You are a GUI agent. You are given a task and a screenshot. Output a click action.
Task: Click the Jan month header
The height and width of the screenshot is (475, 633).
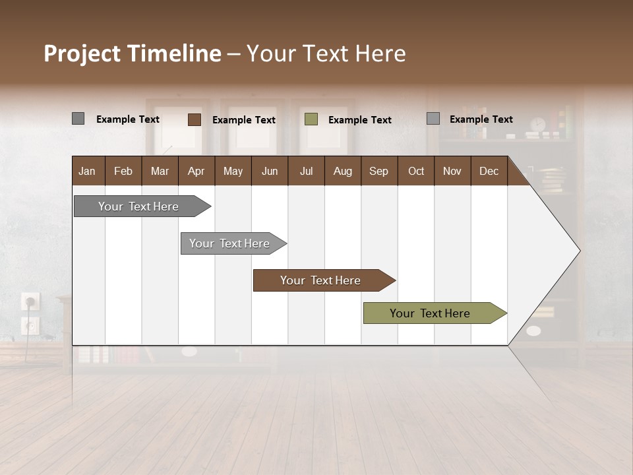point(87,171)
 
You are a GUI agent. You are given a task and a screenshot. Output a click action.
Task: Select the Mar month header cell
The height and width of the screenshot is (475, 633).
point(160,171)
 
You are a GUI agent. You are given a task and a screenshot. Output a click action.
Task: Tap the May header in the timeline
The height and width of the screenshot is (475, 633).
point(233,171)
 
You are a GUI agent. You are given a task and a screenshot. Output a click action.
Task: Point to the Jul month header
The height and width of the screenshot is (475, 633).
point(306,171)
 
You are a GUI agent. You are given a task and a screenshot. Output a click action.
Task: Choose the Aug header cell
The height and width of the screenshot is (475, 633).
point(342,171)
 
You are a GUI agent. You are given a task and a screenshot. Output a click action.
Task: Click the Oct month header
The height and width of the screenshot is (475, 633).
point(416,171)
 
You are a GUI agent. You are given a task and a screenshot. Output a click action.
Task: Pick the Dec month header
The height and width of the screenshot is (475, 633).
point(489,171)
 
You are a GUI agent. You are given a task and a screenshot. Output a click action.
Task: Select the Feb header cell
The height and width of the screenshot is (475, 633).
point(123,171)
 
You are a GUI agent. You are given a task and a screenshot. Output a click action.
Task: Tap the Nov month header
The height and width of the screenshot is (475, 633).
point(452,171)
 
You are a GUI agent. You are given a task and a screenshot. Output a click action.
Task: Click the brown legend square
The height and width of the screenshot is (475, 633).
point(195,119)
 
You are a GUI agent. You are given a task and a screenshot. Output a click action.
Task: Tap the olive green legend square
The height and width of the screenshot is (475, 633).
point(311,119)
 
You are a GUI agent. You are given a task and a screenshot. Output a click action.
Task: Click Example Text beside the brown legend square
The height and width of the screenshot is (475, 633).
point(244,120)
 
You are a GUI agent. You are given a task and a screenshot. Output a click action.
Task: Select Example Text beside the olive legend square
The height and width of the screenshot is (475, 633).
point(360,120)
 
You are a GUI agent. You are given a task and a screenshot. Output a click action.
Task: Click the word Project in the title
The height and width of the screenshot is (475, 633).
point(83,53)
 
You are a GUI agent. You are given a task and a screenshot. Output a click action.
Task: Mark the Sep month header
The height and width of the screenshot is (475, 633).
point(378,171)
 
